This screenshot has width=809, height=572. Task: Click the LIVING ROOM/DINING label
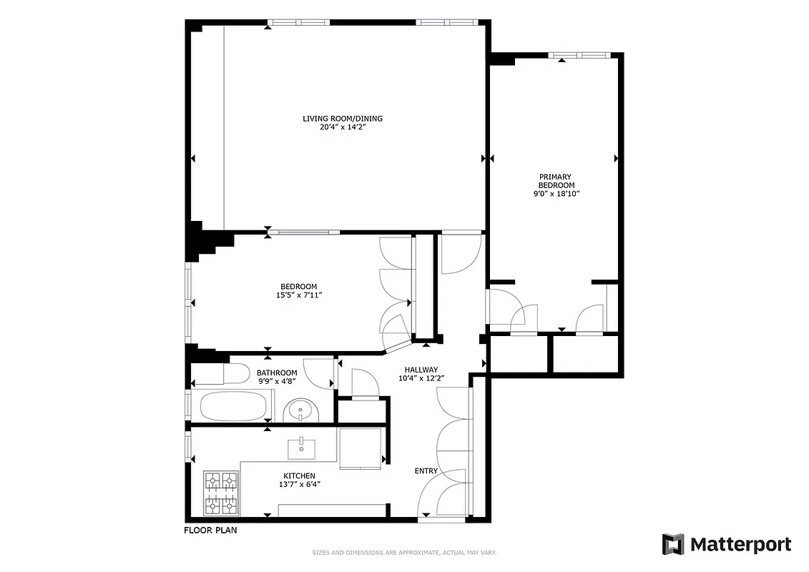click(348, 118)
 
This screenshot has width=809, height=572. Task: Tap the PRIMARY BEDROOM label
click(556, 181)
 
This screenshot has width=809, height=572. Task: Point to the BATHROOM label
click(277, 373)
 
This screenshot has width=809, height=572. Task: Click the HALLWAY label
click(421, 369)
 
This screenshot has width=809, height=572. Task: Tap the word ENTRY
click(426, 471)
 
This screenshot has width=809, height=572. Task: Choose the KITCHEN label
click(299, 475)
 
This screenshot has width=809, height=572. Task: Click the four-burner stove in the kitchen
click(221, 493)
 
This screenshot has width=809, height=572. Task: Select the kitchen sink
click(302, 448)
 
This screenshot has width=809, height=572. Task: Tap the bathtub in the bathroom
click(232, 405)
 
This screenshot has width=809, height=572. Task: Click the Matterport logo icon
click(673, 544)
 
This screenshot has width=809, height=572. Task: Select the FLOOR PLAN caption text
click(210, 531)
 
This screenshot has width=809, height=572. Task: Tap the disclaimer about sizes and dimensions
click(404, 552)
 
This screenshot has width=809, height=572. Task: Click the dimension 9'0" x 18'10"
click(556, 194)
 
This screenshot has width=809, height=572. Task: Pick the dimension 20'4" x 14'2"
click(348, 127)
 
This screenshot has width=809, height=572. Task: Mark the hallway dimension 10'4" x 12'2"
click(421, 378)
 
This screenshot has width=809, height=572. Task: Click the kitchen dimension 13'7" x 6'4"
click(299, 484)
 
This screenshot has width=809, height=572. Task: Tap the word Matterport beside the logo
click(740, 544)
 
